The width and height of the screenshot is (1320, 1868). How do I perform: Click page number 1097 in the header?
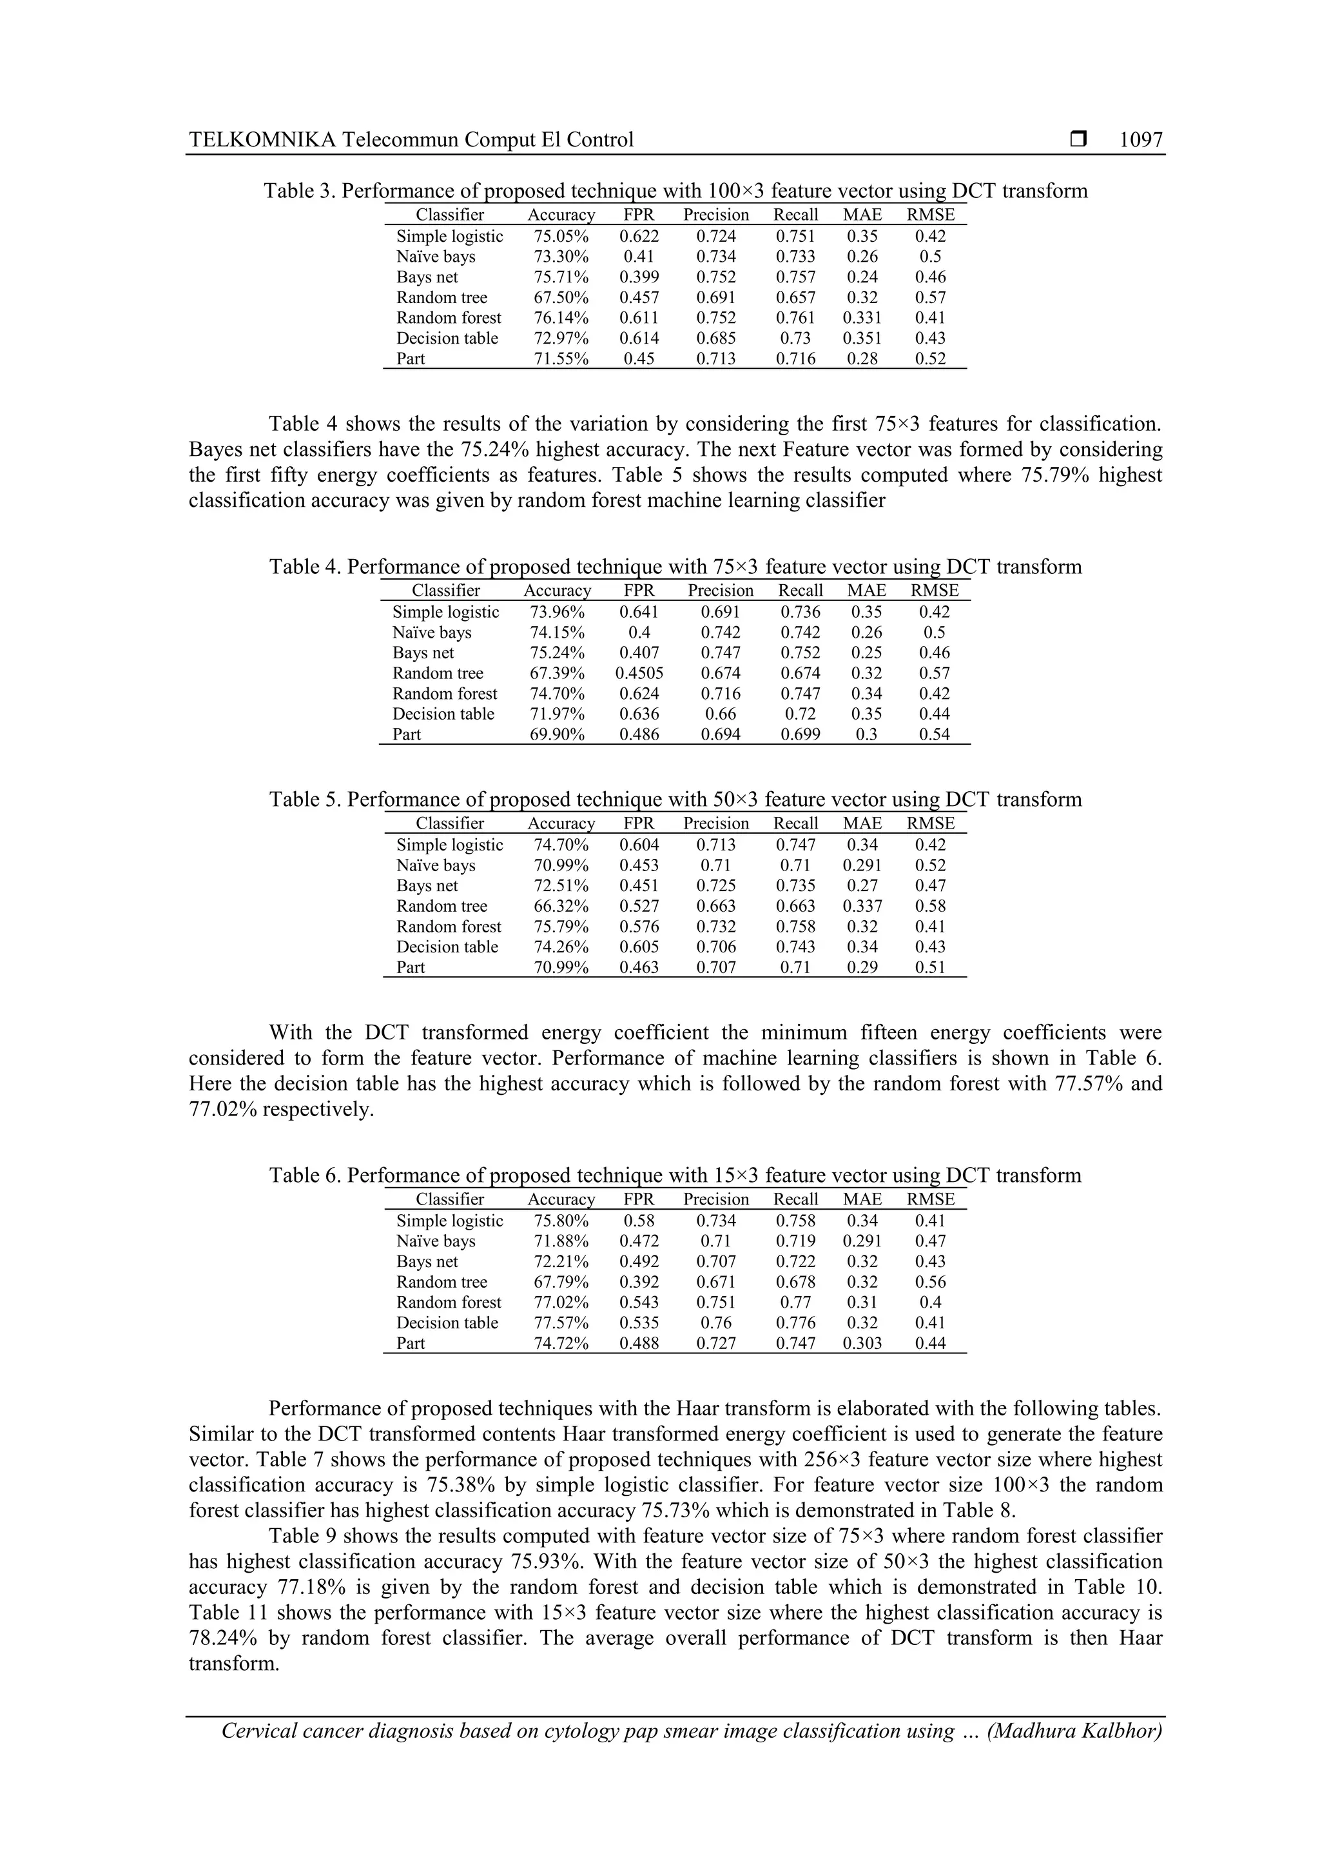(x=1140, y=140)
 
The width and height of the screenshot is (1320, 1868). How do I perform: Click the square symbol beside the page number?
(x=1078, y=140)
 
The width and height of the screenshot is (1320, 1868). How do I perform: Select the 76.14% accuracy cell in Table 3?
(x=560, y=318)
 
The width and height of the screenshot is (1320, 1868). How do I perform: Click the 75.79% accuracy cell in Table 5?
(x=560, y=927)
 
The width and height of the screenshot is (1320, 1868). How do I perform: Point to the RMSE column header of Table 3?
(x=931, y=215)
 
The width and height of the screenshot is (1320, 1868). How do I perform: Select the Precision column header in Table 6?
(x=715, y=1199)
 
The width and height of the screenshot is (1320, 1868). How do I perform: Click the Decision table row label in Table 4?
(x=443, y=714)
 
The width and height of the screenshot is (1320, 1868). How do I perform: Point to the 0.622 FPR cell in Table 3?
(x=639, y=237)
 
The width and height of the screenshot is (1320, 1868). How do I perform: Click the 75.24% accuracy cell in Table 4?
(x=556, y=653)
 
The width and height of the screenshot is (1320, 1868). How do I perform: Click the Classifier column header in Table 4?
(x=445, y=591)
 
